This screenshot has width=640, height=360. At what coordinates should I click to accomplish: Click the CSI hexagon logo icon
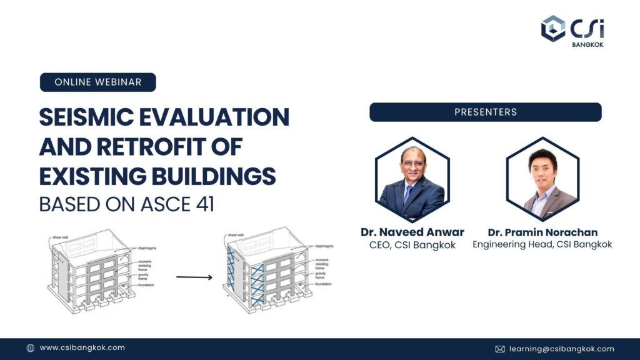point(553,28)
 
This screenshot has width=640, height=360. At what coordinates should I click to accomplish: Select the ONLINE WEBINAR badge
point(97,82)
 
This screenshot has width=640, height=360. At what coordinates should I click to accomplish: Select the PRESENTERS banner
point(485,112)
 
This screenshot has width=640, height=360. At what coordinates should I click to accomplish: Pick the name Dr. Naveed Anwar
point(412,232)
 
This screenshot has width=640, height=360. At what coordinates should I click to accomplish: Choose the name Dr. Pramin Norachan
point(542,232)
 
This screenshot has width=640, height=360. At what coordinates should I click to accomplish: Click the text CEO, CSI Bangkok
point(412,245)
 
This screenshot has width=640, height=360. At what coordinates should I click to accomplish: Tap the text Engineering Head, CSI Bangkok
point(542,244)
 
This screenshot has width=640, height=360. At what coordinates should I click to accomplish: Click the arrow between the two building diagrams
point(194,277)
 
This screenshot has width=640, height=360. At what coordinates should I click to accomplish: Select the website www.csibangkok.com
point(82,348)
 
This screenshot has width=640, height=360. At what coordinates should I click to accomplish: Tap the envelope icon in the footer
point(500,349)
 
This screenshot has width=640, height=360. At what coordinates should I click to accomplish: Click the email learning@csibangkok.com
point(561,349)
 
